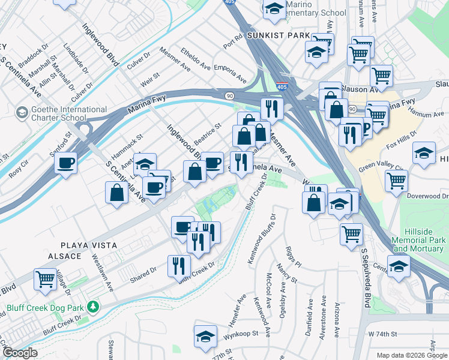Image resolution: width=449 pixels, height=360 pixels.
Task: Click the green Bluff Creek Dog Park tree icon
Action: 92,307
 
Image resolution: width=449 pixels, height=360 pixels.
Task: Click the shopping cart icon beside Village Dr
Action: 46,280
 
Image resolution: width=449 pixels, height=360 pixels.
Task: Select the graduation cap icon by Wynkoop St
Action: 206,336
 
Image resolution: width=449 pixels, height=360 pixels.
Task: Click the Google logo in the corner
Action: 20,353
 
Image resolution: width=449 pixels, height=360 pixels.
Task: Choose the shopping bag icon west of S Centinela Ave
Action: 116,193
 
